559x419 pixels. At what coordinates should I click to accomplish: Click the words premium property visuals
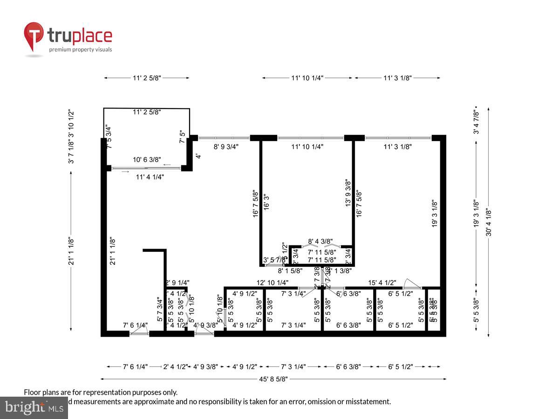(81, 49)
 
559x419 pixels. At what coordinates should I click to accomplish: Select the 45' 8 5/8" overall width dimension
(273, 379)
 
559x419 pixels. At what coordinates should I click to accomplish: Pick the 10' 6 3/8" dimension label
(147, 160)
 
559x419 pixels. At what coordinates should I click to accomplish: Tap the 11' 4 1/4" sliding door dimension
(150, 177)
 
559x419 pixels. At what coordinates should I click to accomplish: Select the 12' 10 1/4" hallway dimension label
(273, 283)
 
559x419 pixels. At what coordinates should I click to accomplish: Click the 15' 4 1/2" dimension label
(382, 283)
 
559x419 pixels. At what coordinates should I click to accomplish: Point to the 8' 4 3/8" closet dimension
(320, 241)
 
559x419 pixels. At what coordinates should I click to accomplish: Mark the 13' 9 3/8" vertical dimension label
(348, 193)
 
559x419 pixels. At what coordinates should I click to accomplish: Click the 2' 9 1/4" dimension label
(177, 283)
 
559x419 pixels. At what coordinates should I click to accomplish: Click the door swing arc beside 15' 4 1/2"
(412, 283)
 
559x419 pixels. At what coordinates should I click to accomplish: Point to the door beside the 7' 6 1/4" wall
(139, 331)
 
